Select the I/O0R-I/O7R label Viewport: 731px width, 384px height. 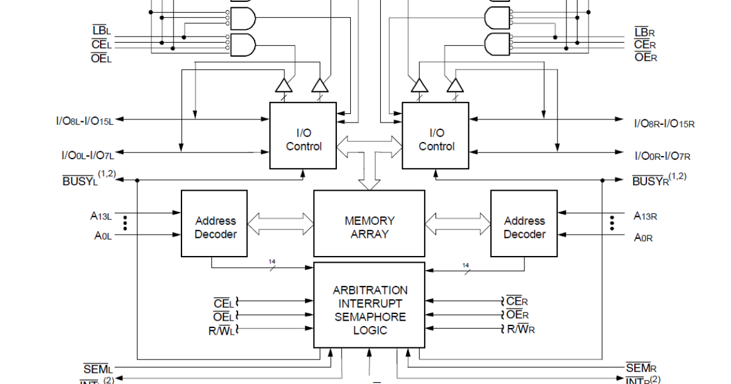pos(662,156)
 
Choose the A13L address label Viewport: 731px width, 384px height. pos(101,215)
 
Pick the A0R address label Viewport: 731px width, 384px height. pos(643,238)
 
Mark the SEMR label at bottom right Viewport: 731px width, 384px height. pos(641,368)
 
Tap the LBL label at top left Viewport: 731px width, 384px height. pos(101,30)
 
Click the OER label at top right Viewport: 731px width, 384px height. pos(646,57)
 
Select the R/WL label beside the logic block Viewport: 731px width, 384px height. pos(221,330)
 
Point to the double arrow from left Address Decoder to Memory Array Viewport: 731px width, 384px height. pos(280,223)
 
